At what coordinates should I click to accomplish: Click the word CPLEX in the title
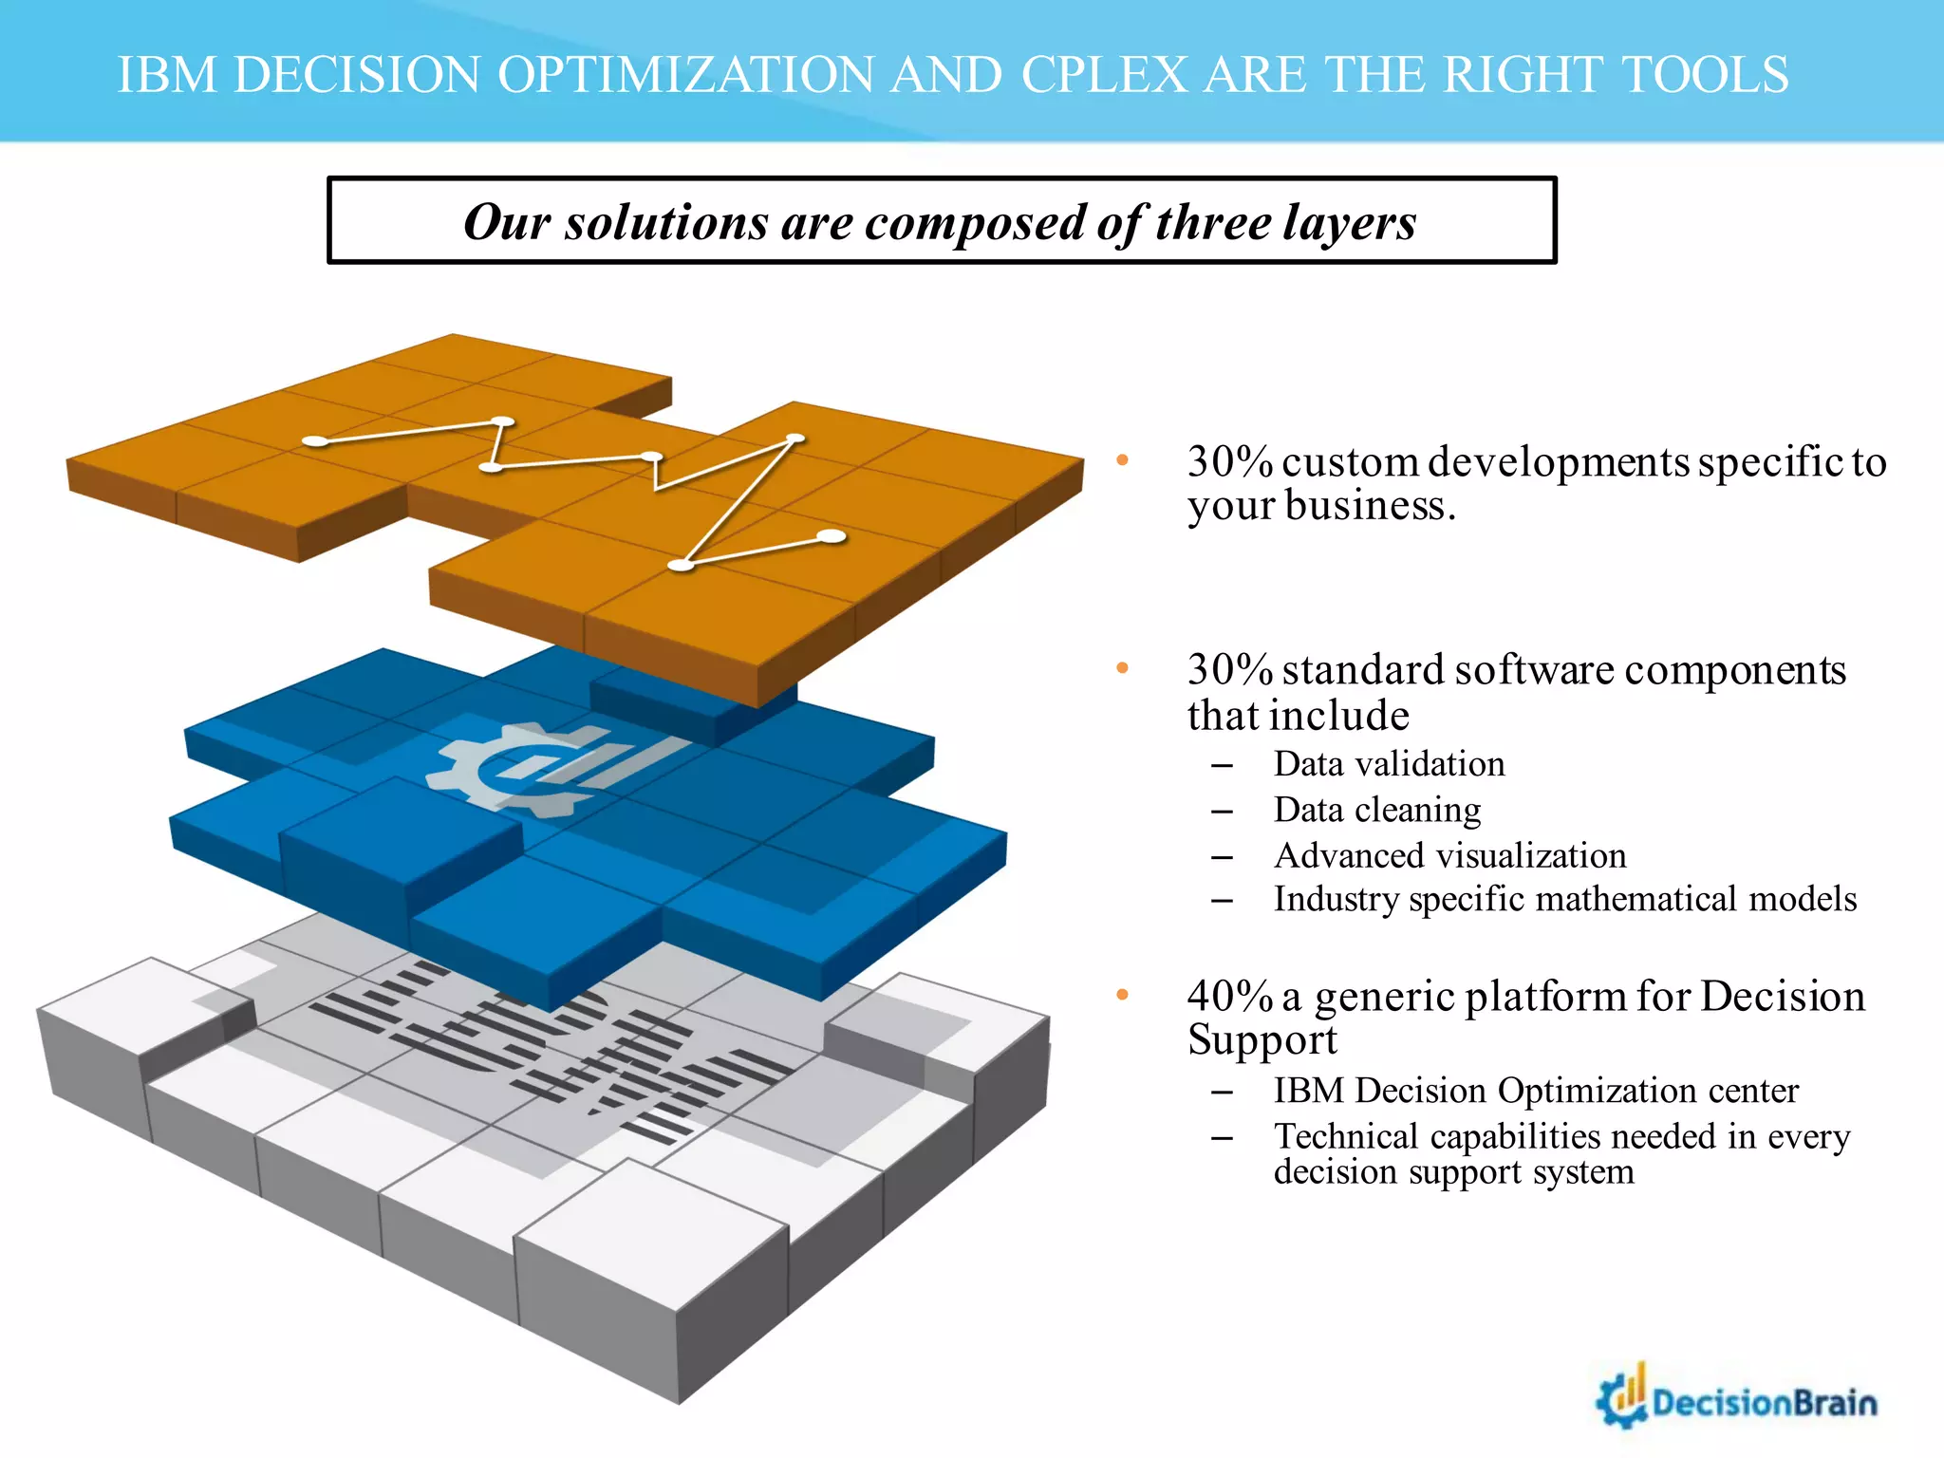pos(1104,75)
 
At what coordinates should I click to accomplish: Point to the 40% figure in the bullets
pos(1229,997)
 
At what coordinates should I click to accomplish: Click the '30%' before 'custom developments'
pos(1229,462)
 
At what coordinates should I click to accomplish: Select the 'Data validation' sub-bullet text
pos(1389,764)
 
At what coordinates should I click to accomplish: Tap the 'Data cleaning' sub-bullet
pos(1376,810)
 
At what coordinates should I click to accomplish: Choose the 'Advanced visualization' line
pos(1449,855)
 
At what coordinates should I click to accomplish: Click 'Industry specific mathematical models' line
pos(1564,899)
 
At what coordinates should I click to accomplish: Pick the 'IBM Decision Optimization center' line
pos(1535,1091)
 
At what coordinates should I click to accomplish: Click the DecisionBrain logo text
pos(1764,1403)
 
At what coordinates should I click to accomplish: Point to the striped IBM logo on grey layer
pos(551,1044)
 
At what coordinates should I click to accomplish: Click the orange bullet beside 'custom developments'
pos(1122,461)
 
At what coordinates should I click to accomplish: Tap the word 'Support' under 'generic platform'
pos(1262,1040)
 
